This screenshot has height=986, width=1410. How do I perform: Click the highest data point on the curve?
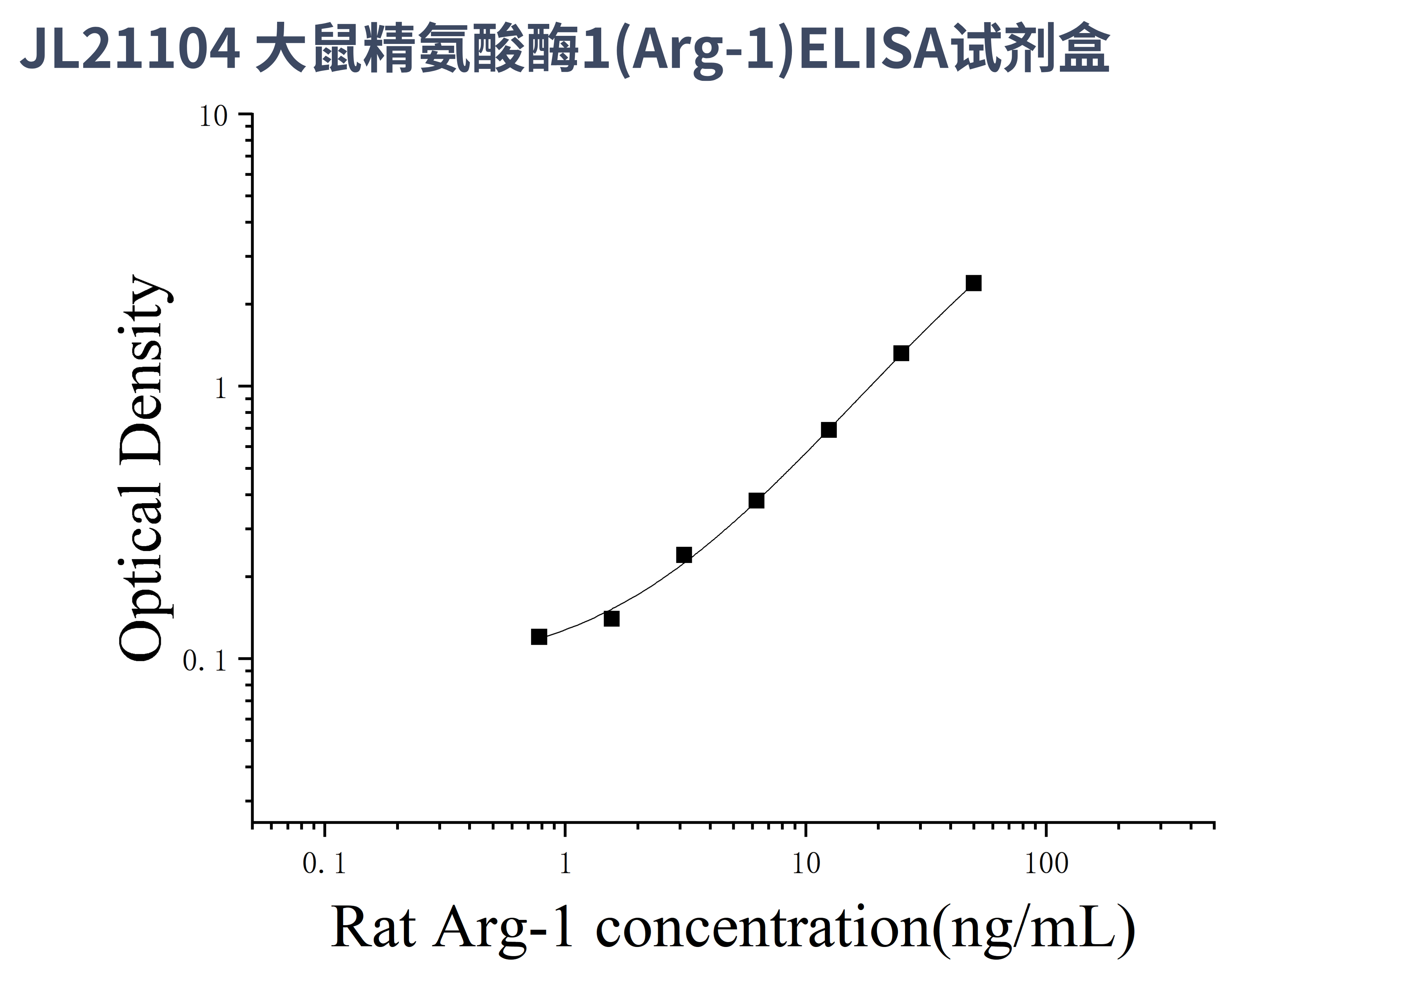(x=973, y=283)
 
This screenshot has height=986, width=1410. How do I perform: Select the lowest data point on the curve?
(x=539, y=637)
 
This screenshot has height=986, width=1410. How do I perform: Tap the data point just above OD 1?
(x=901, y=353)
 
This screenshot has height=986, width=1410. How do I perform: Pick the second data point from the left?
(x=612, y=619)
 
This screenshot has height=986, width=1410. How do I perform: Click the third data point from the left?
(x=684, y=555)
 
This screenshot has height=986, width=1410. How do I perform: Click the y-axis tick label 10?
(x=213, y=117)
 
